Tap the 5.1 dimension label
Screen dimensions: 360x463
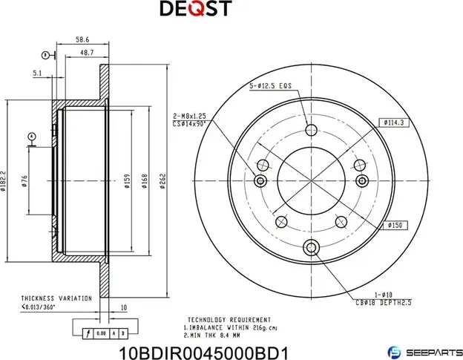[37, 73]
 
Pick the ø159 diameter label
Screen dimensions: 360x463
[127, 182]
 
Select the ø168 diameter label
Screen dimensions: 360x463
[145, 182]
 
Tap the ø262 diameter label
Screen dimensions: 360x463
[162, 182]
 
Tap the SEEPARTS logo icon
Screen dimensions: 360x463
[395, 350]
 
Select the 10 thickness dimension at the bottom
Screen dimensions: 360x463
[123, 306]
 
